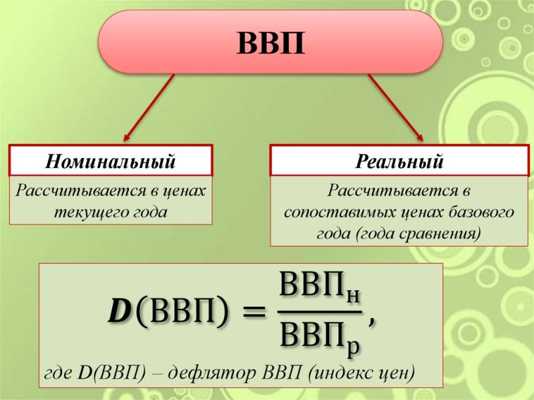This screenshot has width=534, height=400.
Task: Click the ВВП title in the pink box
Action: click(x=271, y=43)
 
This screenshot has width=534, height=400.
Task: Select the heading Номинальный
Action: click(x=110, y=161)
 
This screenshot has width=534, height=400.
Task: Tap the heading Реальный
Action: click(x=399, y=161)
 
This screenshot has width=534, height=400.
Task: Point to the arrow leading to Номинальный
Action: click(x=149, y=107)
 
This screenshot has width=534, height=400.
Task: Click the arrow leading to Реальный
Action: click(x=396, y=107)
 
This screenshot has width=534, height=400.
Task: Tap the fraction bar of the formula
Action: click(x=319, y=311)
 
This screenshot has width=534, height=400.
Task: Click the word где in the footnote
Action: click(x=58, y=374)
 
